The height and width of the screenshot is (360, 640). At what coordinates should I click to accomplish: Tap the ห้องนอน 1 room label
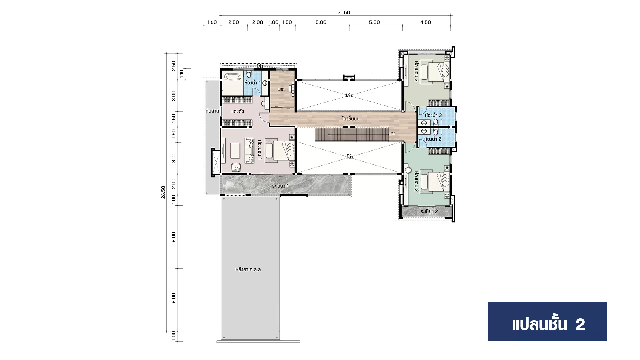(260, 150)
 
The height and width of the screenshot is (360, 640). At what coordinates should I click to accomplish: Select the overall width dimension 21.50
(344, 13)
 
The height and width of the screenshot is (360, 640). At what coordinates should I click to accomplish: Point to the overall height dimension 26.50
(163, 192)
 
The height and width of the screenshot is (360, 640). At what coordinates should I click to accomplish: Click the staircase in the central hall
(352, 134)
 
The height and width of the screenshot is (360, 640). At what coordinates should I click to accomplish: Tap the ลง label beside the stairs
(393, 134)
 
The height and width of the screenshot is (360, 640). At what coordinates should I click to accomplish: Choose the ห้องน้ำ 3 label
(433, 115)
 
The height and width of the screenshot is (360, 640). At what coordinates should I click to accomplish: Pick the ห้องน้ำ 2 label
(433, 139)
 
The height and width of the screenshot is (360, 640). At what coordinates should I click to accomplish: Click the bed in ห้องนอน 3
(435, 72)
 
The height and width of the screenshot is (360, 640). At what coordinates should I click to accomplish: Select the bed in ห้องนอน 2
(435, 182)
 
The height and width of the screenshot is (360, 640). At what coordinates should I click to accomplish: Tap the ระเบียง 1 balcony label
(280, 186)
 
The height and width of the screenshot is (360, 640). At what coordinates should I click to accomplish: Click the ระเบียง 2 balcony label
(429, 211)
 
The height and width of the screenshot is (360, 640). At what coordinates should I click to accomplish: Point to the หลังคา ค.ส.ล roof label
(248, 269)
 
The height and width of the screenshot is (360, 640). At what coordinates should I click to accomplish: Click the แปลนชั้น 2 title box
(547, 322)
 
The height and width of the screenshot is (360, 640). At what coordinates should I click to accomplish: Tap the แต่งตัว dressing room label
(238, 111)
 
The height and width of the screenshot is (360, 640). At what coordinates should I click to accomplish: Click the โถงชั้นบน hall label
(351, 119)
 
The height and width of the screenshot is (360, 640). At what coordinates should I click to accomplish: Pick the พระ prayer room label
(280, 89)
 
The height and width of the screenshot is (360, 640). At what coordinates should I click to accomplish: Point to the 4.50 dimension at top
(426, 22)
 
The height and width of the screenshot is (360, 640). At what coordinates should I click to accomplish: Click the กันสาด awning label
(212, 111)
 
